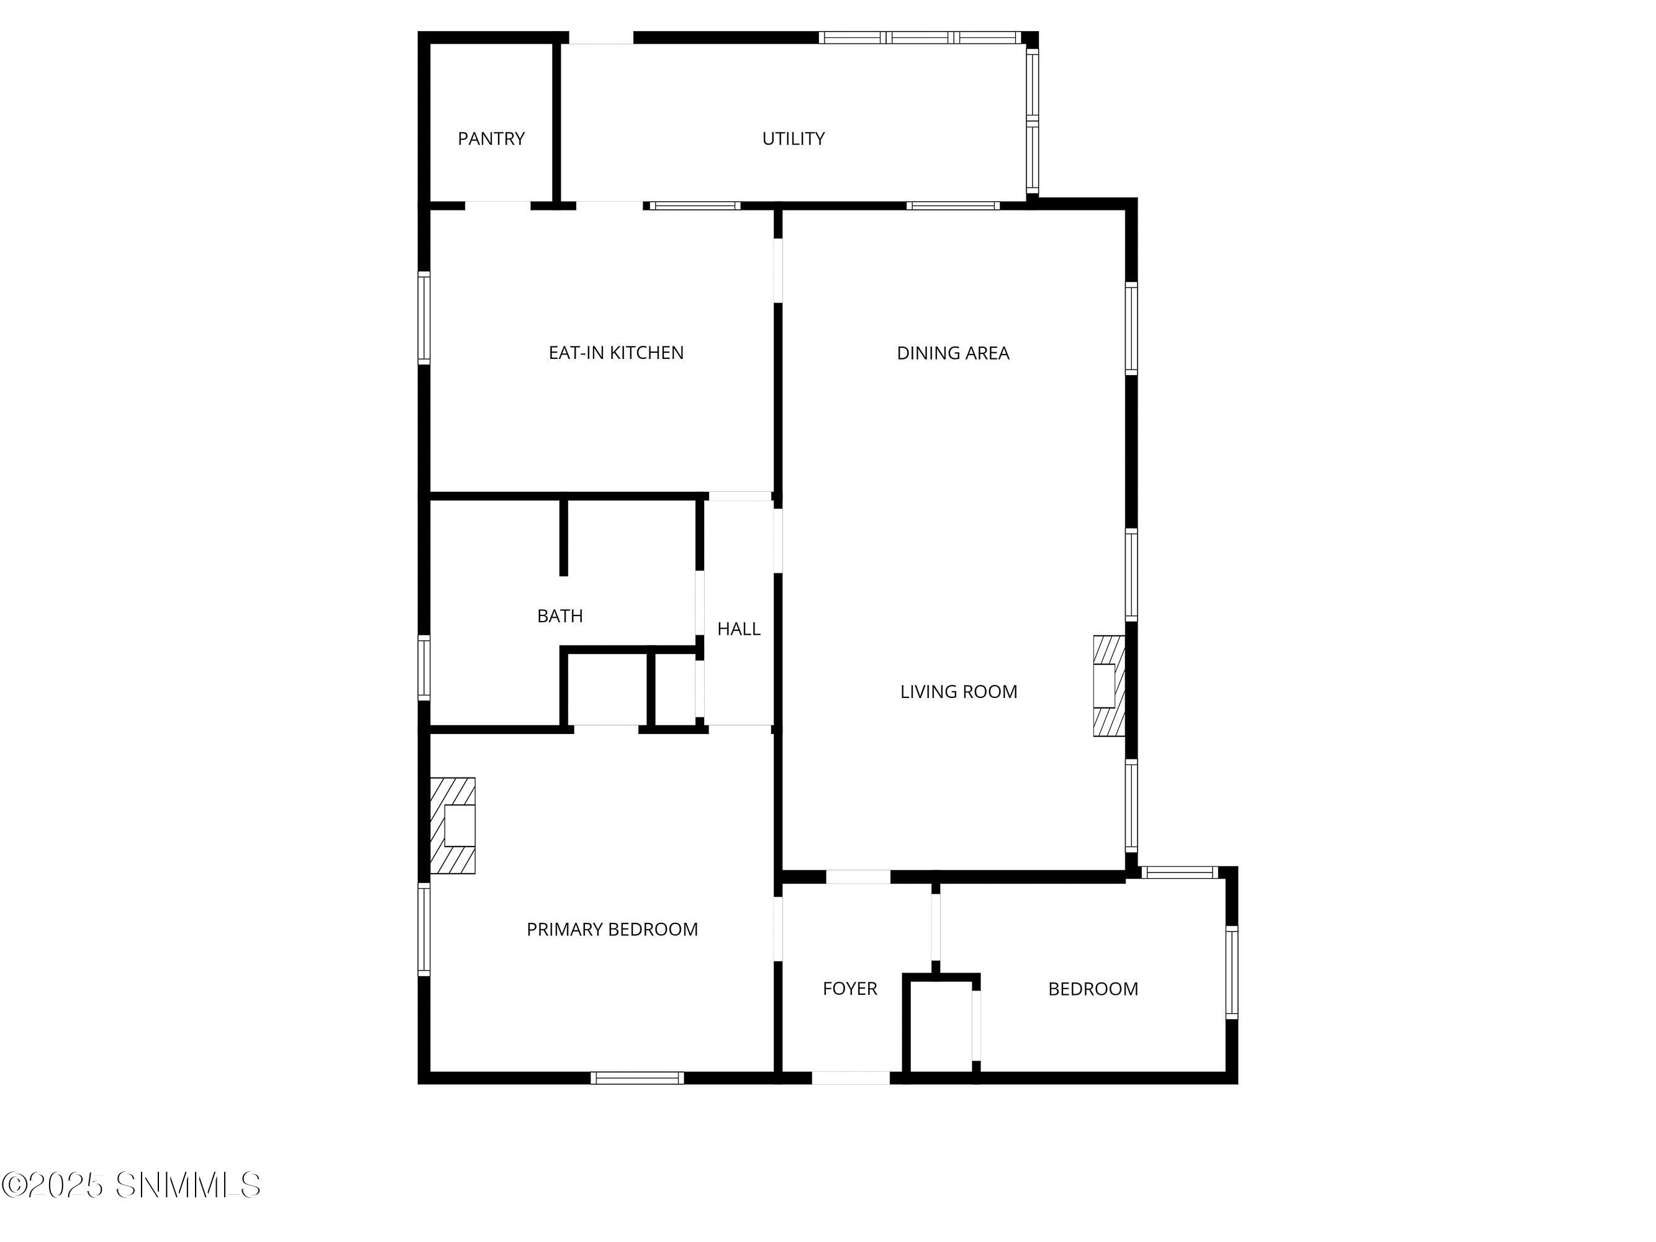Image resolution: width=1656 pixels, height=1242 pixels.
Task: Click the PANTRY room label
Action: click(x=491, y=138)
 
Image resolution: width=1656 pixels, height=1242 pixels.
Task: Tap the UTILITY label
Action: click(x=793, y=138)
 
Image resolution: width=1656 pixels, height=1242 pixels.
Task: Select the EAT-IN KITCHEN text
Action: click(x=615, y=353)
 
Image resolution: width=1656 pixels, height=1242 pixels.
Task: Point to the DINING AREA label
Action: click(x=952, y=353)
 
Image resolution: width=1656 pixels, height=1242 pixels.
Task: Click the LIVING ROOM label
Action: click(x=958, y=692)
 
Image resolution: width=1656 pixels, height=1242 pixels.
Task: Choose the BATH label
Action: click(x=559, y=616)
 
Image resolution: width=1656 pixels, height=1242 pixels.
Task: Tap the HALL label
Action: click(x=738, y=629)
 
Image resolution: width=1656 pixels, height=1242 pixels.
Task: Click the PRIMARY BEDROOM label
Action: click(x=612, y=929)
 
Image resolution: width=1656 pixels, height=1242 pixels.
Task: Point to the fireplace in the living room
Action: click(x=1109, y=686)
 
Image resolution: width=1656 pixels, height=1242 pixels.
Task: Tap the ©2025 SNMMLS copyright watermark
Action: click(x=132, y=1185)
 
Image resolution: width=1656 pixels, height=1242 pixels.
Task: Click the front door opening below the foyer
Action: click(x=851, y=1078)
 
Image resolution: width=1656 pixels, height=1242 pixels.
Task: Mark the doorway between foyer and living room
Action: click(x=858, y=877)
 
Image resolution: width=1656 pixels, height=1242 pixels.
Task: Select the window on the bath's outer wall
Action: click(x=423, y=667)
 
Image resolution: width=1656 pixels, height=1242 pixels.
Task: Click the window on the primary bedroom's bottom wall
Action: click(x=636, y=1078)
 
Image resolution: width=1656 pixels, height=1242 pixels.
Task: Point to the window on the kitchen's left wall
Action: click(x=423, y=318)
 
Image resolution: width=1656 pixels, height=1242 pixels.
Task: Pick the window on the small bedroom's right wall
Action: click(x=1231, y=972)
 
